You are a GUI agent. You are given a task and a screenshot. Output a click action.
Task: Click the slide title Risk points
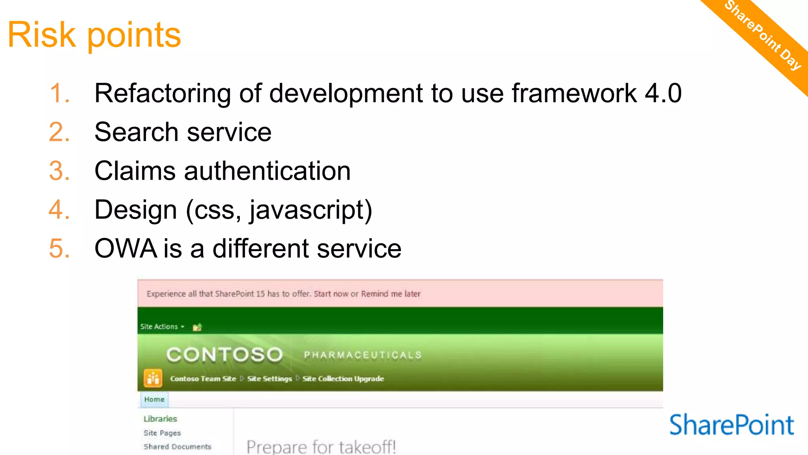pyautogui.click(x=94, y=35)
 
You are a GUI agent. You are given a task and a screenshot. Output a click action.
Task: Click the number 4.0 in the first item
pyautogui.click(x=663, y=94)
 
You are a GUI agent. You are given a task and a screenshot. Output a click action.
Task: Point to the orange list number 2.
pyautogui.click(x=59, y=132)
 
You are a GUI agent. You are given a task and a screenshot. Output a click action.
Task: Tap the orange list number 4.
pyautogui.click(x=59, y=210)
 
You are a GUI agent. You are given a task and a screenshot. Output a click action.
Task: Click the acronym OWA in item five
pyautogui.click(x=125, y=248)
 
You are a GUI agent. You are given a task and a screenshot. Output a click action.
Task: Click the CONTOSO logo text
pyautogui.click(x=224, y=354)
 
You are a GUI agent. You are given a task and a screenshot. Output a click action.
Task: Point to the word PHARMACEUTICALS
pyautogui.click(x=363, y=355)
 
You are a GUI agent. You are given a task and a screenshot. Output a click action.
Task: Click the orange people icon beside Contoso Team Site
pyautogui.click(x=153, y=378)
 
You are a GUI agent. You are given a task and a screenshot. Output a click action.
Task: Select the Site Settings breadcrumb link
pyautogui.click(x=269, y=378)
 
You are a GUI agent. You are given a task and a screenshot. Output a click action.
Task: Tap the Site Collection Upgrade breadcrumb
pyautogui.click(x=343, y=378)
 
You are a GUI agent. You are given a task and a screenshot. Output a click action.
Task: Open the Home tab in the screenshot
pyautogui.click(x=154, y=399)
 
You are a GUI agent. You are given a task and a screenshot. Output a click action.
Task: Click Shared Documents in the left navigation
pyautogui.click(x=177, y=447)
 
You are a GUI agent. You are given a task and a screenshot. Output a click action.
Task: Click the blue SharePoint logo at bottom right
pyautogui.click(x=731, y=425)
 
